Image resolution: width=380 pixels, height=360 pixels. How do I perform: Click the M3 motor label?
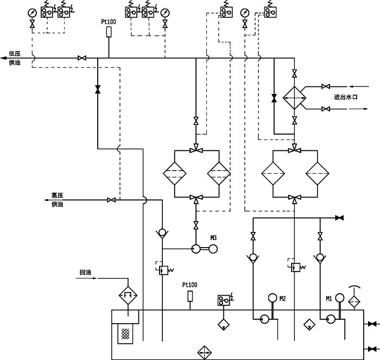pyautogui.click(x=213, y=238)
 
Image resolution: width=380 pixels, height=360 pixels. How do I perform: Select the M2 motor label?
pyautogui.click(x=282, y=298)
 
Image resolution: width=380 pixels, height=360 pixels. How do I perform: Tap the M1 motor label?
pyautogui.click(x=329, y=298)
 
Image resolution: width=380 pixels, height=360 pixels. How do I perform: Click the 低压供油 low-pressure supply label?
pyautogui.click(x=15, y=59)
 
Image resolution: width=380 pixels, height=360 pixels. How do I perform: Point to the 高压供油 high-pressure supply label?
pyautogui.click(x=58, y=200)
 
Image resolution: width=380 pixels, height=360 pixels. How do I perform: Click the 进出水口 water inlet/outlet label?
pyautogui.click(x=345, y=97)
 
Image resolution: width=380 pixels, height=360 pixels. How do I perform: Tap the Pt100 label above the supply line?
pyautogui.click(x=109, y=22)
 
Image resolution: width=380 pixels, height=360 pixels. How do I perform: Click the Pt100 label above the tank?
pyautogui.click(x=189, y=285)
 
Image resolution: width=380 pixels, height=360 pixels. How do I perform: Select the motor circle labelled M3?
pyautogui.click(x=212, y=249)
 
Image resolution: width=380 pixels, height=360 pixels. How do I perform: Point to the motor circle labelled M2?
pyautogui.click(x=273, y=298)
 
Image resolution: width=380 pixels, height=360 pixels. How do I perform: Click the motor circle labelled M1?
pyautogui.click(x=339, y=298)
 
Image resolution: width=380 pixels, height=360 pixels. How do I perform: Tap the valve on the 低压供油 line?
pyautogui.click(x=82, y=58)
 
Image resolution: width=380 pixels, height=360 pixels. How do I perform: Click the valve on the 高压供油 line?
pyautogui.click(x=111, y=200)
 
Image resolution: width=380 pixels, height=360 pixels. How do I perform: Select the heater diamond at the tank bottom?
pyautogui.click(x=205, y=351)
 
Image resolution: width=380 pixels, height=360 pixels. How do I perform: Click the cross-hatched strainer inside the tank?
pyautogui.click(x=126, y=333)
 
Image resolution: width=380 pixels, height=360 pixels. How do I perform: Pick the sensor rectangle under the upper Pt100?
pyautogui.click(x=109, y=33)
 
